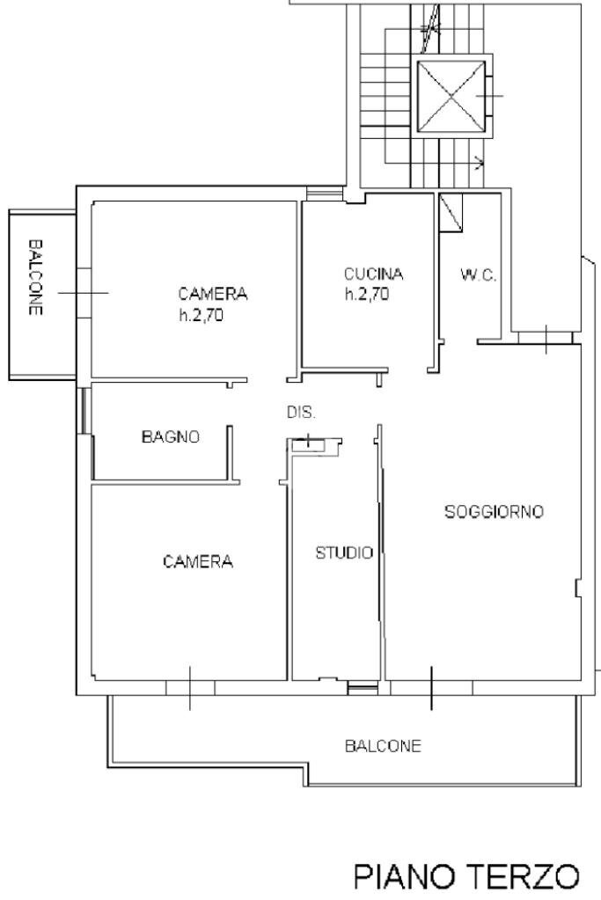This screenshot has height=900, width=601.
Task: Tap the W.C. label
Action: (x=479, y=275)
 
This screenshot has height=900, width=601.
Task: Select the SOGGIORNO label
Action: (x=494, y=511)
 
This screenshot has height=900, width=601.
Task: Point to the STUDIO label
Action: (x=344, y=553)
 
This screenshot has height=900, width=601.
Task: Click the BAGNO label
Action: (x=171, y=436)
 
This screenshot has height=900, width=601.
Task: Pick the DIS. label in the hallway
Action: (x=301, y=413)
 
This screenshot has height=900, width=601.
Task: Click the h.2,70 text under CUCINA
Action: (x=366, y=296)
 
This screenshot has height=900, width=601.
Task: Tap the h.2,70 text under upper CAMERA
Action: (x=202, y=317)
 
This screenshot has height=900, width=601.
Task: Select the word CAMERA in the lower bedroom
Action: (x=198, y=561)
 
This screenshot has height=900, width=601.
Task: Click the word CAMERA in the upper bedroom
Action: (x=213, y=294)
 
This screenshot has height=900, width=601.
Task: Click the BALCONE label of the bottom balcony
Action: (x=383, y=747)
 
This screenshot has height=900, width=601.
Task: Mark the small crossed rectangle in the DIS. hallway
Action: (x=308, y=444)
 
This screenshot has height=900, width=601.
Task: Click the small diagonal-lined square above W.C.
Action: (x=451, y=212)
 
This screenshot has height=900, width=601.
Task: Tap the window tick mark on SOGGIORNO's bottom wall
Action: (x=431, y=686)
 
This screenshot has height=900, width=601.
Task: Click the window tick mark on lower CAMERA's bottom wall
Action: (x=190, y=687)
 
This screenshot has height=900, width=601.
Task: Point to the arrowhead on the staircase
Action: (x=480, y=162)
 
